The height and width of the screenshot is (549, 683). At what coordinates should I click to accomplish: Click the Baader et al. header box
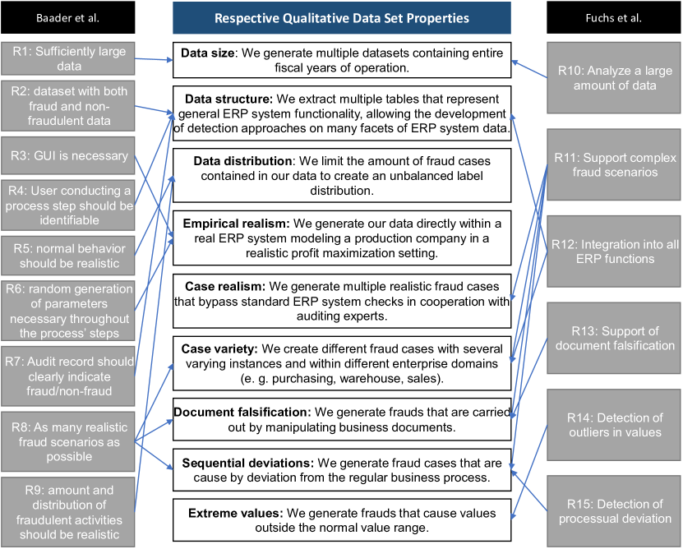coord(68,17)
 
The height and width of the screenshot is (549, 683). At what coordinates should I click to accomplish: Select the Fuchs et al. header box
coord(614,17)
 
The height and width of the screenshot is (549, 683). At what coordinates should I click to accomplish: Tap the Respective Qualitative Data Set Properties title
coord(342,18)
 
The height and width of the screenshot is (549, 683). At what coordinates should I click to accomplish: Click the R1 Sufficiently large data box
coord(68,59)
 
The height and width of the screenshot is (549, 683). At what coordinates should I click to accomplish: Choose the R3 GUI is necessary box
coord(68,155)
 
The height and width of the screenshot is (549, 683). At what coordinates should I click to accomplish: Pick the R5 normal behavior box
coord(68,256)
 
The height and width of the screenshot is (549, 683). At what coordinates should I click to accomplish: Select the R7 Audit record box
coord(68,376)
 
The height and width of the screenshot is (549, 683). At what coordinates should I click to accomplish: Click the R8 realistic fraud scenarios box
coord(68,442)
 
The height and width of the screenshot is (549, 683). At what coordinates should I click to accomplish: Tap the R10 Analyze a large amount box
coord(614,77)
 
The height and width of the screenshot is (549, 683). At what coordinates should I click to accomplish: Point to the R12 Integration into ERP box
coord(614,251)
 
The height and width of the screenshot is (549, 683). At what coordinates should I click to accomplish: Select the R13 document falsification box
coord(614,338)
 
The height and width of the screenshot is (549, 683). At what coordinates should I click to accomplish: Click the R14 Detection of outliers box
coord(614,425)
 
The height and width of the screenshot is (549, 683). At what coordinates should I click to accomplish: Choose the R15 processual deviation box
coord(614,511)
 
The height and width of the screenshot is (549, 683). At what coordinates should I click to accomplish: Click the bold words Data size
coord(208,53)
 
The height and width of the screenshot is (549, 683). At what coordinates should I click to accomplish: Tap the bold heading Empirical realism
coord(236,224)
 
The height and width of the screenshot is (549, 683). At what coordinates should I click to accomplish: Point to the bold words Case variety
coord(219,349)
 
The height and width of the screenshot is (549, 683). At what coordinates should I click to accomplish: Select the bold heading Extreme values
coord(236,514)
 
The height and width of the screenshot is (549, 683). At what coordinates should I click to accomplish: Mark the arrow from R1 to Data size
coord(154,59)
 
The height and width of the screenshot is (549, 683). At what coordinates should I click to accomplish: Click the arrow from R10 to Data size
coord(529,69)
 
